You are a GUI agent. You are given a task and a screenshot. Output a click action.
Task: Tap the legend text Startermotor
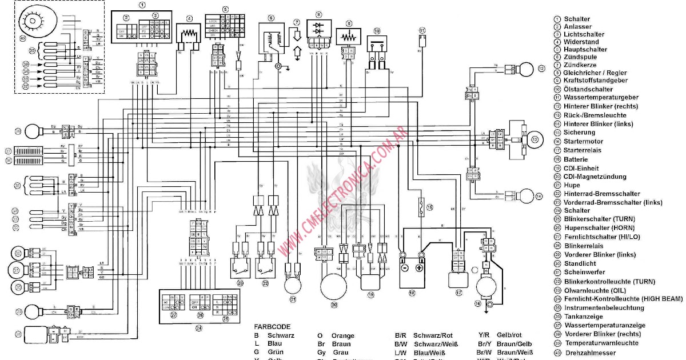583,142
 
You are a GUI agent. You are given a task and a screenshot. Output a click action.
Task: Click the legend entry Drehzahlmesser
591,353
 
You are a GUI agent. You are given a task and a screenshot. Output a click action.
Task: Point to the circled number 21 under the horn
293,299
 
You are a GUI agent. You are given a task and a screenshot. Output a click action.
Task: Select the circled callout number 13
535,139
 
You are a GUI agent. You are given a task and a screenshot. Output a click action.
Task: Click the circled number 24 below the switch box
198,327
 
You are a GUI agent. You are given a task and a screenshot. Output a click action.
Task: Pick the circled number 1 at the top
142,5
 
